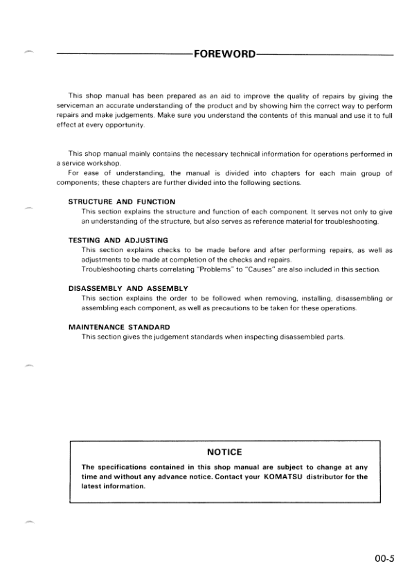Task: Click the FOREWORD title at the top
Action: pos(225,53)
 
